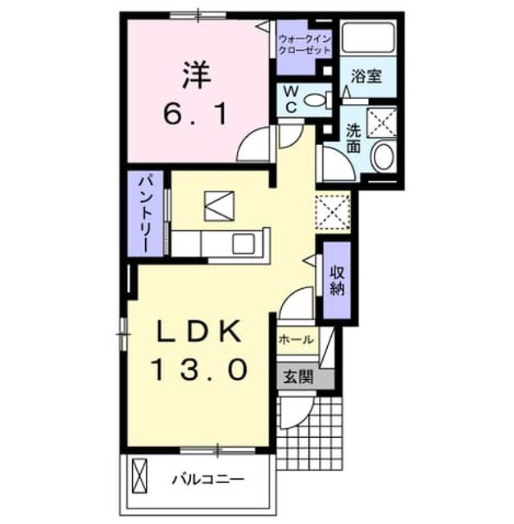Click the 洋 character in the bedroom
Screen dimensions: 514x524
pyautogui.click(x=197, y=75)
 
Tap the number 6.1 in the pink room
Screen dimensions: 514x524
pyautogui.click(x=196, y=113)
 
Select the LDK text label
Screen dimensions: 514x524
pyautogui.click(x=200, y=331)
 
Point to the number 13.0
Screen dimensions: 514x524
pyautogui.click(x=201, y=369)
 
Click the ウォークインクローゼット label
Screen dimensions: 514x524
pyautogui.click(x=304, y=44)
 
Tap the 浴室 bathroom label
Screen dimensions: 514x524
pyautogui.click(x=366, y=76)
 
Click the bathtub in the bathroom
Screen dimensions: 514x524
pyautogui.click(x=368, y=37)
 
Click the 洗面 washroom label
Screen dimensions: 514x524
pyautogui.click(x=353, y=138)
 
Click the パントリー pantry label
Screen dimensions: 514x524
pyautogui.click(x=147, y=215)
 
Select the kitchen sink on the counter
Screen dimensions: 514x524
pyautogui.click(x=243, y=244)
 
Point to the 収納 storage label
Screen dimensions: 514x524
pyautogui.click(x=337, y=281)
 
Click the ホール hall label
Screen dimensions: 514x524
pyautogui.click(x=296, y=340)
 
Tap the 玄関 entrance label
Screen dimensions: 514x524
pyautogui.click(x=298, y=377)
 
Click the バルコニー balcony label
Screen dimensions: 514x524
pyautogui.click(x=208, y=480)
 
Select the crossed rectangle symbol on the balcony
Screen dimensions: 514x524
pyautogui.click(x=140, y=477)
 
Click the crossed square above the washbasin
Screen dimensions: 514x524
pyautogui.click(x=382, y=123)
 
